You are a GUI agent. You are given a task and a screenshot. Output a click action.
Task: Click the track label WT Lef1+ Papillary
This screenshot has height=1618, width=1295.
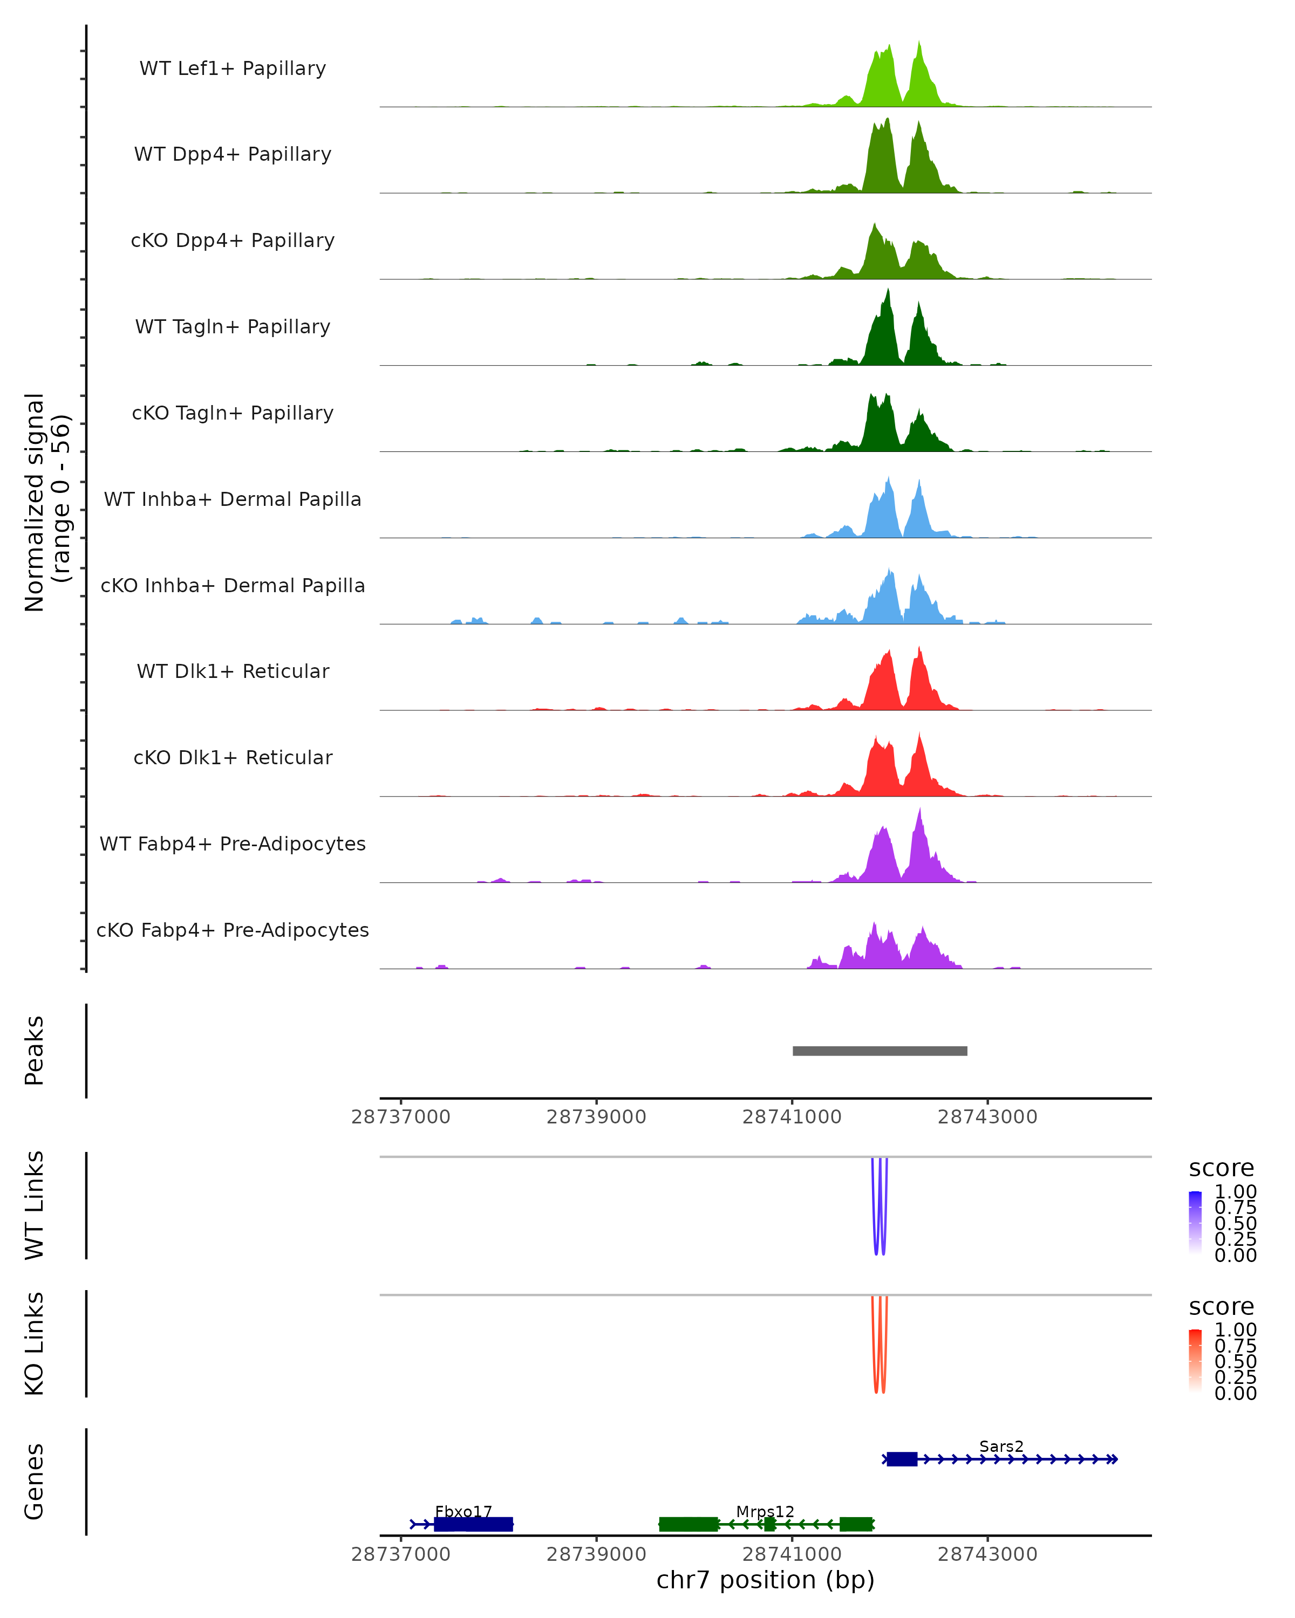click(233, 68)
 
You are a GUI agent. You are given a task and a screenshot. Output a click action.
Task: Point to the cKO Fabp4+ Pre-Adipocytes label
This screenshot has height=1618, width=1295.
click(233, 930)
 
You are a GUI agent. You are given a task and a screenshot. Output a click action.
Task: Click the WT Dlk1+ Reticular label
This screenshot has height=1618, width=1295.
click(233, 671)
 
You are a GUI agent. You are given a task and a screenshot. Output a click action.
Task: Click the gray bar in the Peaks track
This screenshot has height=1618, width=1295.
click(880, 1051)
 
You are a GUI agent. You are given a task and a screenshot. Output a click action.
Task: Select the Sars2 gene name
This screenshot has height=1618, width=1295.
click(1001, 1446)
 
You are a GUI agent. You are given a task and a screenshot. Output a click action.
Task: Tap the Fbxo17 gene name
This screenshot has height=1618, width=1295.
click(463, 1511)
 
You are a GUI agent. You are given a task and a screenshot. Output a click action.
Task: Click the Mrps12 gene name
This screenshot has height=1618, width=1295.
click(765, 1511)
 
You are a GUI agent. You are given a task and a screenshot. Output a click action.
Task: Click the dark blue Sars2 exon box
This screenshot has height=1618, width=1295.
click(902, 1459)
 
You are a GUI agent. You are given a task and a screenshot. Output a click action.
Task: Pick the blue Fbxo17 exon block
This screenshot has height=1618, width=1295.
click(473, 1524)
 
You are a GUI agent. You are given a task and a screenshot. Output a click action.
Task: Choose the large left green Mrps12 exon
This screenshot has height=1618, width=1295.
click(689, 1524)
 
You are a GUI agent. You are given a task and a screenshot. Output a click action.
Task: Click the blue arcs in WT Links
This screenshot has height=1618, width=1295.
click(879, 1208)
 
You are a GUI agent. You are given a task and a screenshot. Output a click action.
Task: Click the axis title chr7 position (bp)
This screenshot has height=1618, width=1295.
click(765, 1580)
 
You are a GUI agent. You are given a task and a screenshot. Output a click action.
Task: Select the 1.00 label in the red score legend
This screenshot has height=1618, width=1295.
click(1235, 1330)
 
